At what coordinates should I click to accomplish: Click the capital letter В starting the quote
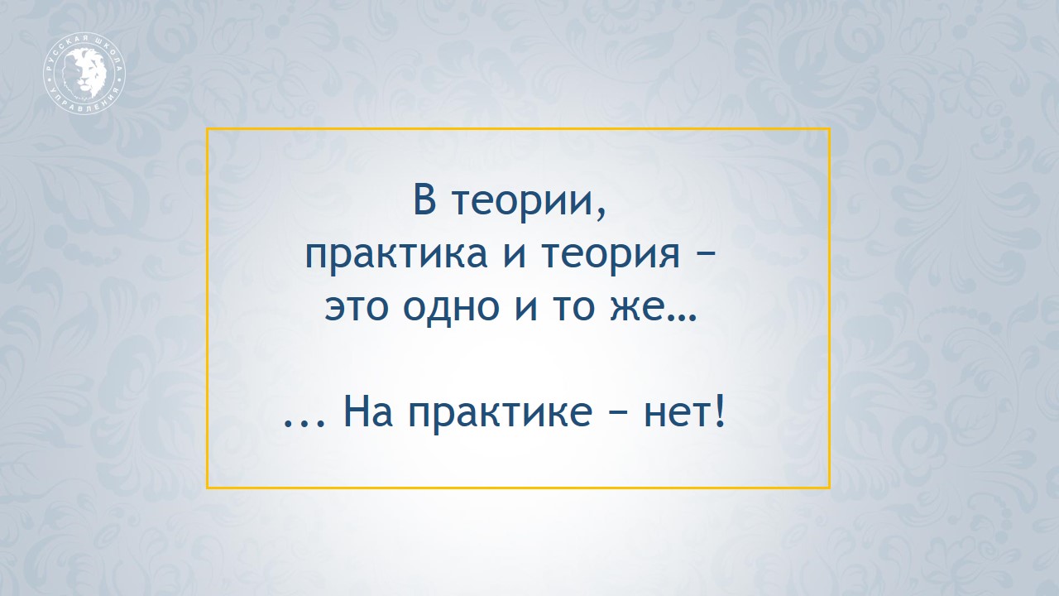click(x=424, y=199)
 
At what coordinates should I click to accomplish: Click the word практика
click(x=395, y=256)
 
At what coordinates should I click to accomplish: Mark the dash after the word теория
click(x=706, y=257)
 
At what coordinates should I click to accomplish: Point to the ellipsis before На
click(x=304, y=423)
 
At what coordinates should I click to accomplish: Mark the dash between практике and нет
click(x=618, y=412)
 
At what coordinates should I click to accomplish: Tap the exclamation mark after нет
click(x=720, y=411)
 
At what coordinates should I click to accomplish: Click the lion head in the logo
click(x=84, y=74)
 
